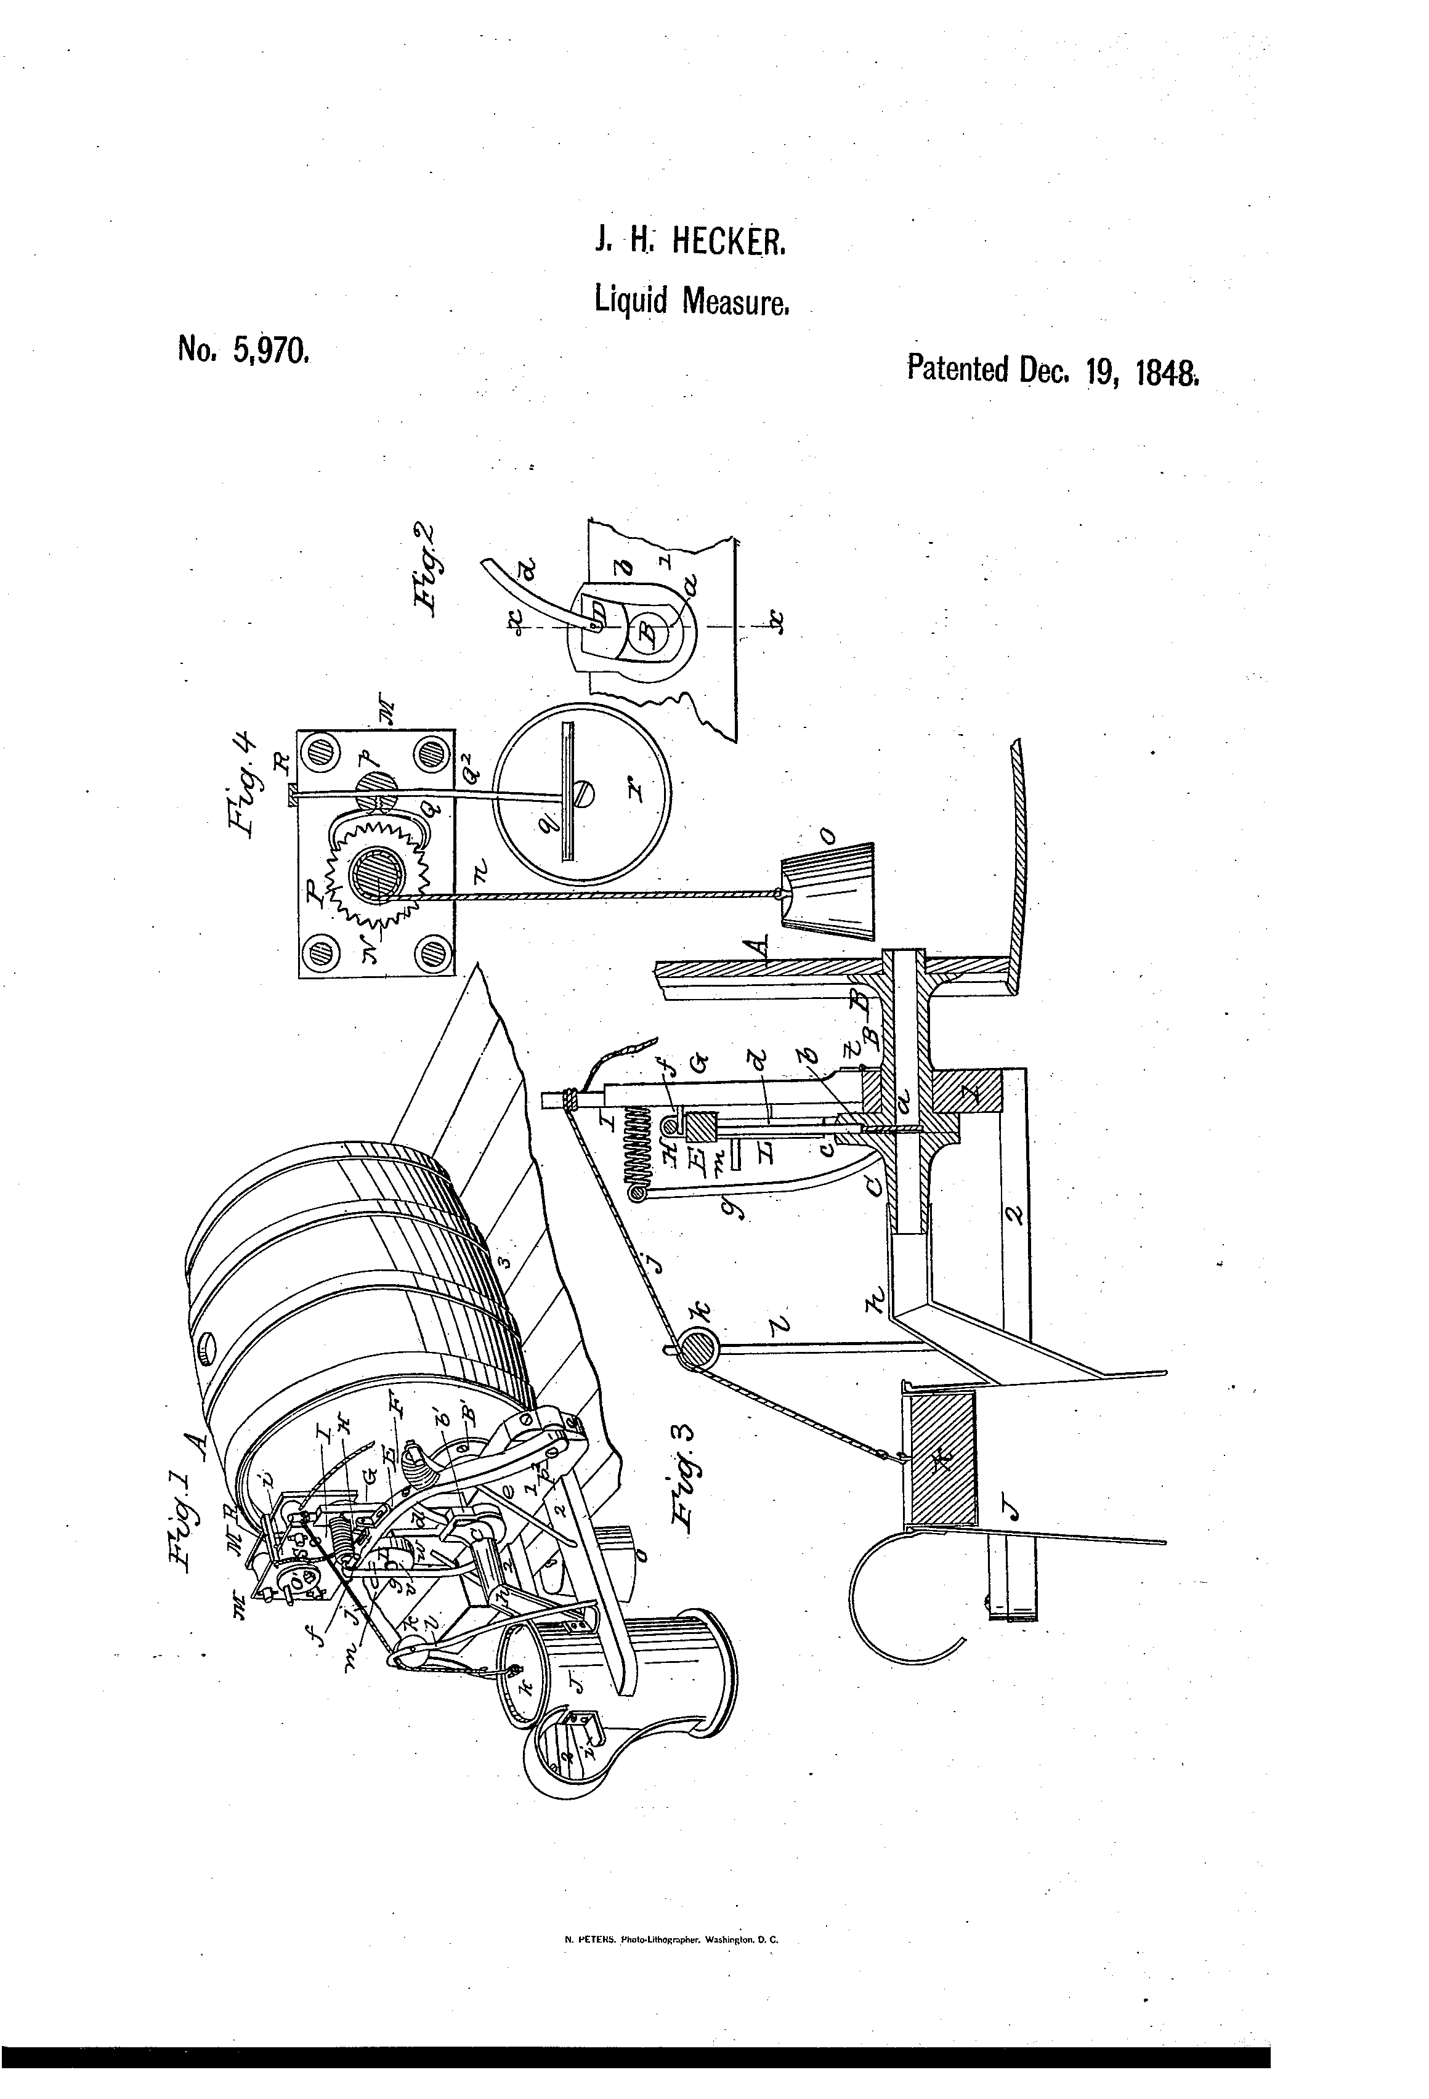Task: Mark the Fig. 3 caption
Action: (x=688, y=1482)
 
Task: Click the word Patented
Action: (x=957, y=368)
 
